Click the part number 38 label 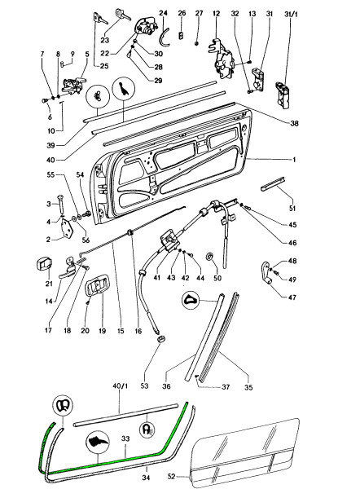pos(294,123)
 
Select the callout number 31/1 pos(291,14)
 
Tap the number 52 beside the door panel pos(172,477)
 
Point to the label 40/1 pos(120,386)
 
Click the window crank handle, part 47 pos(265,272)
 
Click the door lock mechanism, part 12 pos(222,59)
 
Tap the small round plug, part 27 pos(197,43)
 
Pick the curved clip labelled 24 pos(165,37)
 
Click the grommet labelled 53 pos(160,339)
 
